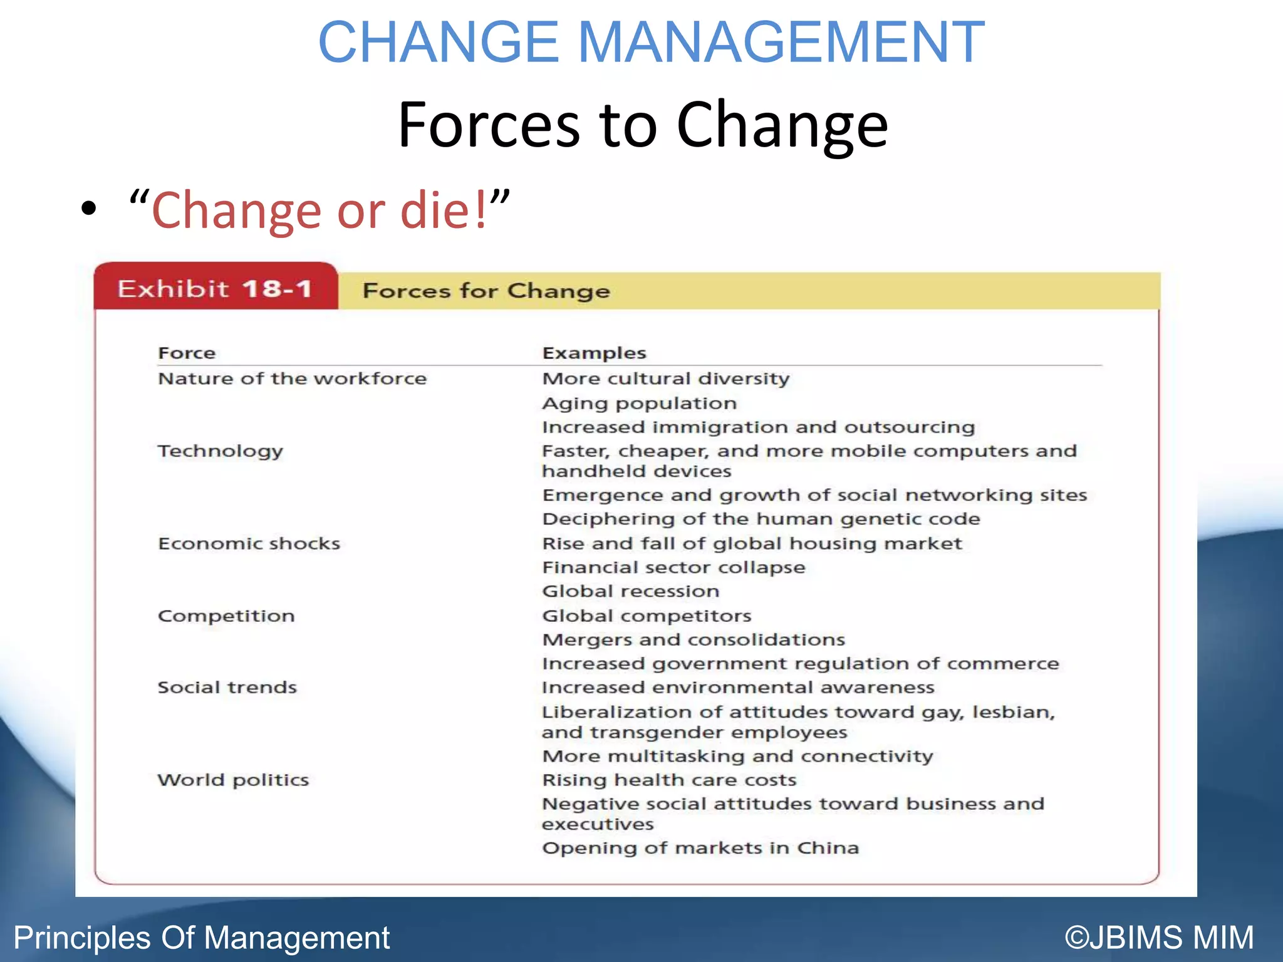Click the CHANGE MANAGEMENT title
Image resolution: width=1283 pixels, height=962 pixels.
tap(652, 43)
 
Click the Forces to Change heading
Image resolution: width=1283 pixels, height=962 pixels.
tap(643, 125)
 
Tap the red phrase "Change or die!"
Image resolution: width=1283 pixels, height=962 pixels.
tap(319, 210)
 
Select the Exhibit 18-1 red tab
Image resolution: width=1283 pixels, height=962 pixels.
tap(215, 289)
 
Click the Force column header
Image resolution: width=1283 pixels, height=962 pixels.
tap(187, 353)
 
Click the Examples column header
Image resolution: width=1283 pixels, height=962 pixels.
tap(594, 353)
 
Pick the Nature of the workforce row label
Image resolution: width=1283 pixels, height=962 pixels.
tap(292, 379)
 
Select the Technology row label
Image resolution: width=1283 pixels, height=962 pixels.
tap(221, 452)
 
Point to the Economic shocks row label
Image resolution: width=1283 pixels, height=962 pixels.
tap(249, 544)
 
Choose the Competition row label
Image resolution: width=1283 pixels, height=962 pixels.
tap(226, 616)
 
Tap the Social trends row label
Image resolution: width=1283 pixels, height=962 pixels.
tap(227, 688)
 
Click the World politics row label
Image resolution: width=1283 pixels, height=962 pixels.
tap(233, 780)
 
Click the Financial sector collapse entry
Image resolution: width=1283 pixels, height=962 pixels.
tap(673, 567)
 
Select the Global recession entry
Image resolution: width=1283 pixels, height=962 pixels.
tap(630, 591)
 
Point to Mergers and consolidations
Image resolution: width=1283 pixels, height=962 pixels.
tap(693, 639)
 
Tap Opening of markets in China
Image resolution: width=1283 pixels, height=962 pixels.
tap(700, 848)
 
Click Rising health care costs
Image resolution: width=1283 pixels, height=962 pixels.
tap(669, 780)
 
